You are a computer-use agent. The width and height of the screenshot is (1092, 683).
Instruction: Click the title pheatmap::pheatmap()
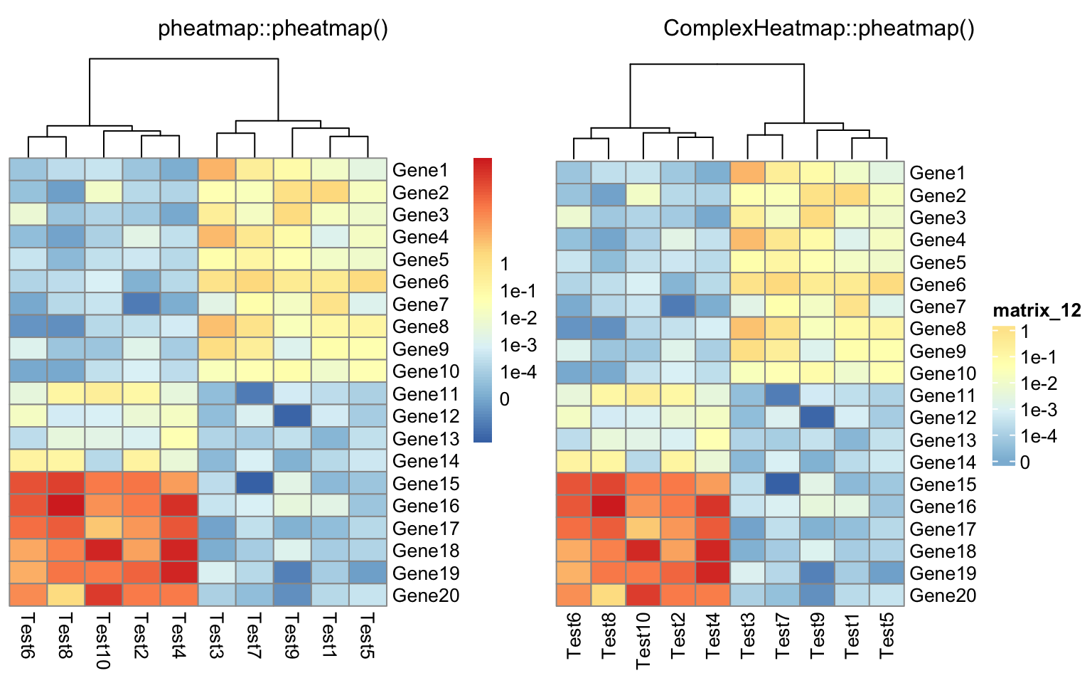[273, 28]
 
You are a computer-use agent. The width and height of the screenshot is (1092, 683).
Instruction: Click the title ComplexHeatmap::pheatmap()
[819, 28]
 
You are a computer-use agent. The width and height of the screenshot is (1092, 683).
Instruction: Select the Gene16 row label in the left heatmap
[426, 506]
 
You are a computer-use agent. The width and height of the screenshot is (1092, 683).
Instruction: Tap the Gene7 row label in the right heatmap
[938, 307]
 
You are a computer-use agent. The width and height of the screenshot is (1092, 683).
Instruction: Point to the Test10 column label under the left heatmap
[104, 640]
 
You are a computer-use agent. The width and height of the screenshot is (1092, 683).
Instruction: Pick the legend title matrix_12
[1037, 310]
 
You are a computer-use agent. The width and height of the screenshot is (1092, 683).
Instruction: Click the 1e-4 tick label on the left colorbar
[518, 372]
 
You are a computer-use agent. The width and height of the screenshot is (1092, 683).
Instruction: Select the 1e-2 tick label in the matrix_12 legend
[1039, 384]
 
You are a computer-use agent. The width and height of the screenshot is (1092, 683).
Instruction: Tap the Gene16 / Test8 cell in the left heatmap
[66, 506]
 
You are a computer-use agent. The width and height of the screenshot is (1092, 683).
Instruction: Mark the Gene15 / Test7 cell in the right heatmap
[783, 485]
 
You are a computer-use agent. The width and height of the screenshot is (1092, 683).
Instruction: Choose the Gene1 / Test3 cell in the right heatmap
[748, 173]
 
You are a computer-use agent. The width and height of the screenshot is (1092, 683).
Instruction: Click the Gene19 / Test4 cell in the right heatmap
[713, 573]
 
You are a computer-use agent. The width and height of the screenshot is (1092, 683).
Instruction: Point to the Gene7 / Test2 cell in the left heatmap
[141, 305]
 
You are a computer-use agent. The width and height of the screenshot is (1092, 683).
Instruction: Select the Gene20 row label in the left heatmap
[426, 595]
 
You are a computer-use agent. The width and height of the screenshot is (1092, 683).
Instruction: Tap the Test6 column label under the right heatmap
[574, 634]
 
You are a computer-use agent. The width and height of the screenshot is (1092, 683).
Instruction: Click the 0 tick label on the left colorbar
[505, 399]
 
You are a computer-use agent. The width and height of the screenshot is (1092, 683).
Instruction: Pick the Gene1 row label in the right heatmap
[938, 173]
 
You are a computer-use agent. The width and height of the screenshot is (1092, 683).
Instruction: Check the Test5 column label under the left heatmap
[368, 635]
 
